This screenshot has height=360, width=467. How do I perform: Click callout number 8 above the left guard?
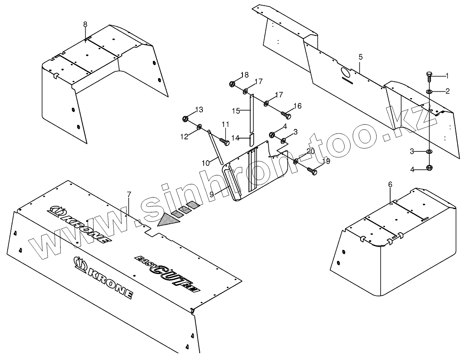(85, 24)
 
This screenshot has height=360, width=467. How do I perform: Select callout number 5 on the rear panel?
(361, 57)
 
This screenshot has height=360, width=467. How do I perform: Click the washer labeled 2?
(429, 92)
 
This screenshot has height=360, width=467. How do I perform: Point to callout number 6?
(390, 184)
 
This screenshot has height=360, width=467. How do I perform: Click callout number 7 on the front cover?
(129, 195)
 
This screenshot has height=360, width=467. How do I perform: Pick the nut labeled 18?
(232, 84)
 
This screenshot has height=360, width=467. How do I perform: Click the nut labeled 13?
(185, 119)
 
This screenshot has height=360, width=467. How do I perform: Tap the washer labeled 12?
(199, 128)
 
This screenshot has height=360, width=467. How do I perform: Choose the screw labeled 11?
(224, 141)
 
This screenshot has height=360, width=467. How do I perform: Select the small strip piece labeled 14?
(252, 140)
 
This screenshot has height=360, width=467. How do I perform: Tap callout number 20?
(311, 151)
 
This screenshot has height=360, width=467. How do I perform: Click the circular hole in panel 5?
(345, 72)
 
